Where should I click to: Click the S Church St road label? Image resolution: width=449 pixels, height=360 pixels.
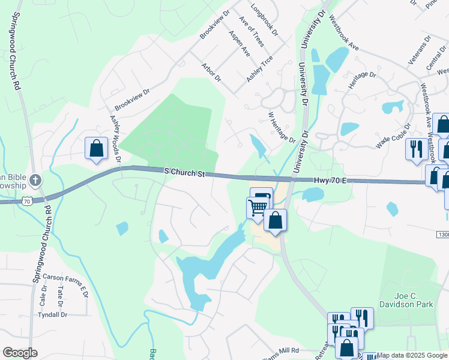[x=185, y=173]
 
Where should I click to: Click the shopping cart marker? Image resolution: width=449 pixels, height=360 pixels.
[x=257, y=208]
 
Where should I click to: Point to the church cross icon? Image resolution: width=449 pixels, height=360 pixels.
[x=35, y=179]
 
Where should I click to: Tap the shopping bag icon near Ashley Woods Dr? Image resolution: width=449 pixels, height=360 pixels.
[x=96, y=148]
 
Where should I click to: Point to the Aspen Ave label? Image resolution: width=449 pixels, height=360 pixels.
[x=239, y=44]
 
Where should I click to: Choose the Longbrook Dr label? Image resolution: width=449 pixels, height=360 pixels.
[x=264, y=22]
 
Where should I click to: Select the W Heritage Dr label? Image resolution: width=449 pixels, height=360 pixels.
[x=282, y=127]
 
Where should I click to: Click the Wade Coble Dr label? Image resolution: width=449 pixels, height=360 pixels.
[x=393, y=136]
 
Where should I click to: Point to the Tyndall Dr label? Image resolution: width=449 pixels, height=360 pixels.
[x=52, y=314]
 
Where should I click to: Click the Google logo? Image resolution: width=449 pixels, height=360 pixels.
[x=20, y=352]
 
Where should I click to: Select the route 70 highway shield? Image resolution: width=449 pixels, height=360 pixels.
[x=26, y=202]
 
